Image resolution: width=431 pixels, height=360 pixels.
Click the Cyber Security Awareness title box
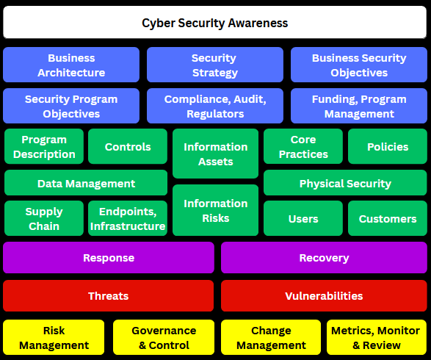[214, 22]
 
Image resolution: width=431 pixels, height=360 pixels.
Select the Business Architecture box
[71, 65]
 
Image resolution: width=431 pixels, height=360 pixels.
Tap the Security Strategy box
[215, 65]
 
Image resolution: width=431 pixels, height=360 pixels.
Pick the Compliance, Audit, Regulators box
[215, 106]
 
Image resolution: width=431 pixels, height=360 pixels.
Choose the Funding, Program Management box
[359, 106]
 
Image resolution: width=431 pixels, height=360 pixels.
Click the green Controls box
[128, 146]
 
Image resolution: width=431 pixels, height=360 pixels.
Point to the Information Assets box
[216, 154]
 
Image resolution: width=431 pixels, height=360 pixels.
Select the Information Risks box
[216, 210]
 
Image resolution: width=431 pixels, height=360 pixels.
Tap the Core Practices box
[303, 146]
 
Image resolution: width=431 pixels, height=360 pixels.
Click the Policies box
[388, 146]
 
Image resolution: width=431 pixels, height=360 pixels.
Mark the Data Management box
[86, 183]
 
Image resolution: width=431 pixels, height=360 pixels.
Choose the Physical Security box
[345, 183]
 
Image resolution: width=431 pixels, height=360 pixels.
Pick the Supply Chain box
[44, 218]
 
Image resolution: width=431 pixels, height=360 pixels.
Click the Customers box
[388, 218]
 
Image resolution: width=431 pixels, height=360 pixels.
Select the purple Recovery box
[324, 257]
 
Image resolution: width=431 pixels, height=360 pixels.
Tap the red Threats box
[108, 295]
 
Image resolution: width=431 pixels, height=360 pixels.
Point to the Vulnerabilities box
[324, 295]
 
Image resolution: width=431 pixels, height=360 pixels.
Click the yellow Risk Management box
[54, 337]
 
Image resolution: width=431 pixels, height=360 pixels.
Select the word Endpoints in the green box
[128, 212]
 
